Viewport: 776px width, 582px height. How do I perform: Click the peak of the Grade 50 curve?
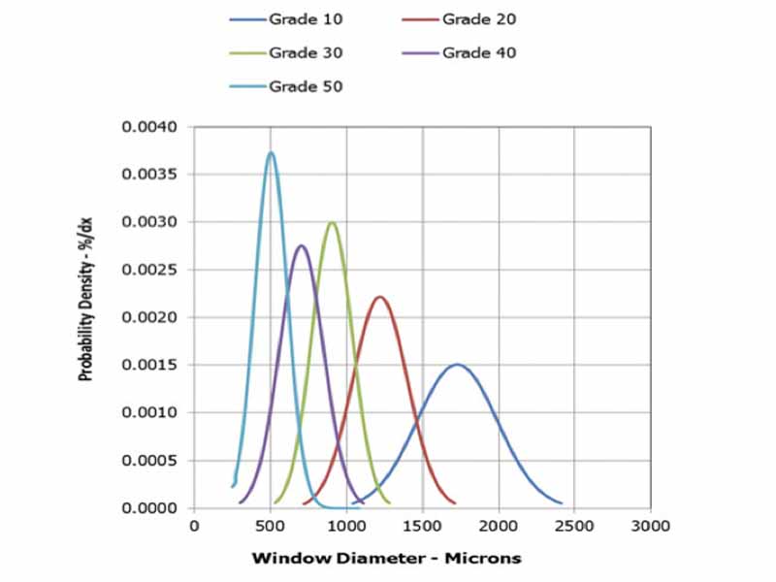[271, 152]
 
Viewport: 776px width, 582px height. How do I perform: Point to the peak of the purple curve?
[301, 245]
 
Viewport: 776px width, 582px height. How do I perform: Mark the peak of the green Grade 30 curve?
[332, 222]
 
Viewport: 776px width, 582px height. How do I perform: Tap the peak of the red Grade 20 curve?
[379, 297]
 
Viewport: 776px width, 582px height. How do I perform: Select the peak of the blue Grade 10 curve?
[457, 365]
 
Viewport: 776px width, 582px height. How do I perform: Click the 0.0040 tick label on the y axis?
[149, 128]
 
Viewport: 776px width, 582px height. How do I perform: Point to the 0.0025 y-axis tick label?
[149, 271]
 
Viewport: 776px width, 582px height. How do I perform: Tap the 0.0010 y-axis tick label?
[149, 413]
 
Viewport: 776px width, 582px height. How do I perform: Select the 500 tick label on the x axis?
[270, 526]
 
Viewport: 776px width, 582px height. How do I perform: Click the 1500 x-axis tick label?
[422, 526]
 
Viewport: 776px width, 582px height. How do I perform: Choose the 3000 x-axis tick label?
[650, 526]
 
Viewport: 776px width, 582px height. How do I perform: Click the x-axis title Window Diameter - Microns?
[386, 558]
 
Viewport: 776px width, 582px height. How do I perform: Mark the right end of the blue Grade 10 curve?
[562, 503]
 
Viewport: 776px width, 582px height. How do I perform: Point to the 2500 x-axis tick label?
[574, 526]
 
